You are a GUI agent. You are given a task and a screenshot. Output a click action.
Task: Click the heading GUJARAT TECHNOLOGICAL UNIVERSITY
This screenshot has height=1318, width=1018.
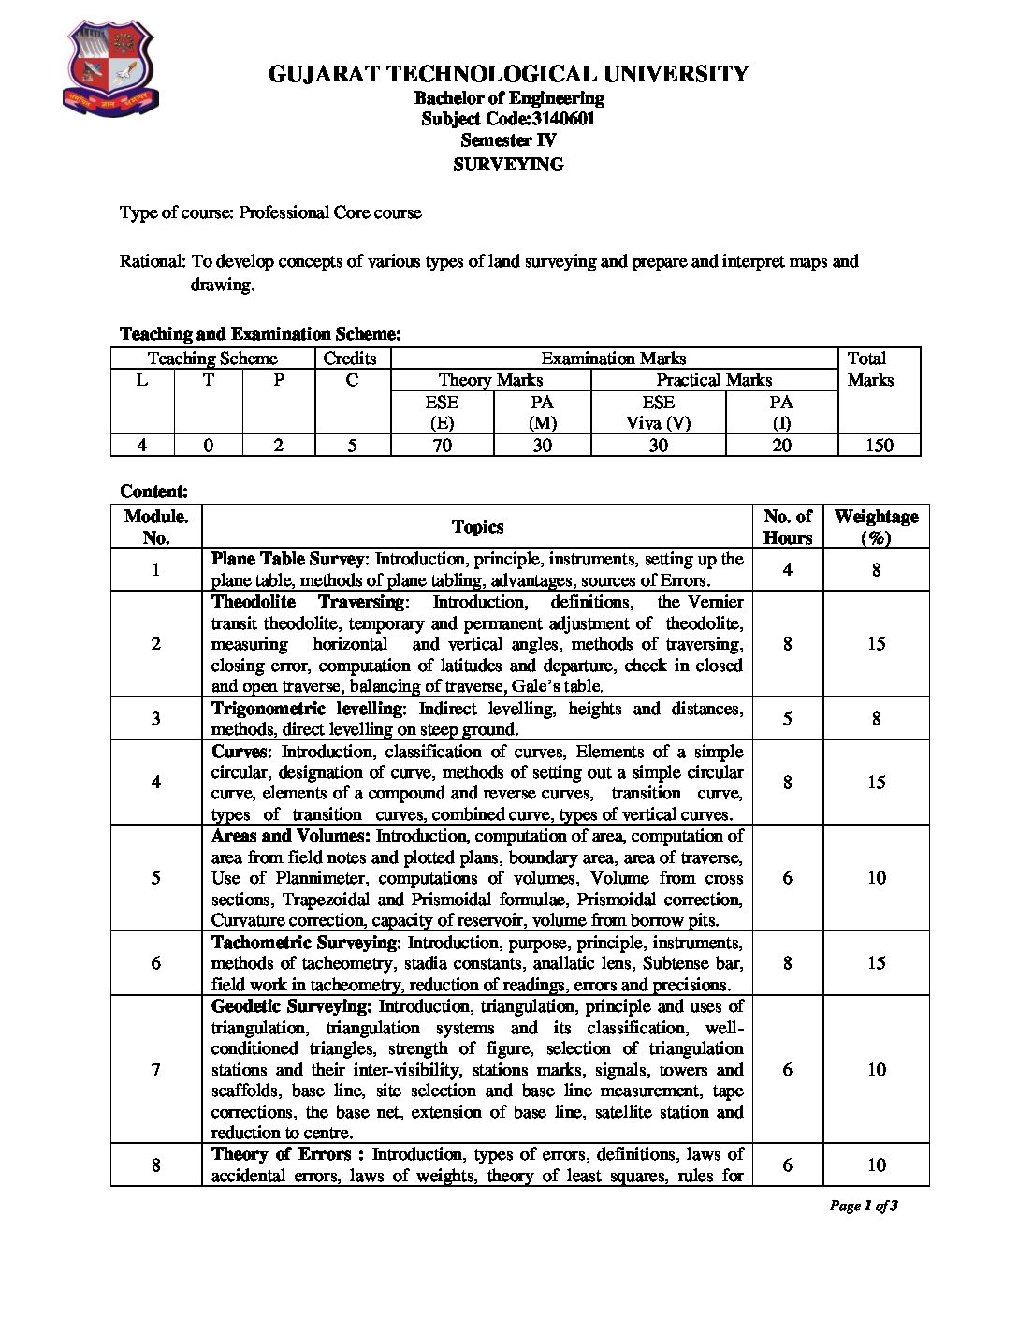coord(508,73)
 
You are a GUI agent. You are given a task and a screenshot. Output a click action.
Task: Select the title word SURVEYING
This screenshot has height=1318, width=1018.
coord(508,165)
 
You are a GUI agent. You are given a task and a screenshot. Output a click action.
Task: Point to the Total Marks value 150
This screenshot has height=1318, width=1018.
coord(879,446)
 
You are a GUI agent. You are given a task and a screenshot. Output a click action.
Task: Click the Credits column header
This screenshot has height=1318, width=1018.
coord(350,359)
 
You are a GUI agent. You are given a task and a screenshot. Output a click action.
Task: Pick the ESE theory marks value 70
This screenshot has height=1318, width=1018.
coord(442,446)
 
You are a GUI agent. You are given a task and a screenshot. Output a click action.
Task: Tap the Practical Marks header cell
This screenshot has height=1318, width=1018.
coord(714,380)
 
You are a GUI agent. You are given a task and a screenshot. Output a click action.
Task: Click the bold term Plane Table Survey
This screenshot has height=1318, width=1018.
coord(287,559)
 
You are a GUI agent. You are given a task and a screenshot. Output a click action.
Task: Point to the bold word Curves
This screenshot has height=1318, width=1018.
coord(239,752)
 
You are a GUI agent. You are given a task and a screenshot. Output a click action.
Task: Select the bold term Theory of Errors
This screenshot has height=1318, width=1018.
coord(281,1154)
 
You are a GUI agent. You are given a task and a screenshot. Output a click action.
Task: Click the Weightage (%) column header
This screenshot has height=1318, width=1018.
coord(876,527)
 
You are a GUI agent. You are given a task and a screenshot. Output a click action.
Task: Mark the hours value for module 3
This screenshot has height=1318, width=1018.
coord(787,719)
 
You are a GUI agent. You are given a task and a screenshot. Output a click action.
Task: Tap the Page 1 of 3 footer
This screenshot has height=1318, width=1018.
coord(864,1206)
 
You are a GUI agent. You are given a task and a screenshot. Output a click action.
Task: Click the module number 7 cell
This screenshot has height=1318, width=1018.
coord(155,1070)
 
